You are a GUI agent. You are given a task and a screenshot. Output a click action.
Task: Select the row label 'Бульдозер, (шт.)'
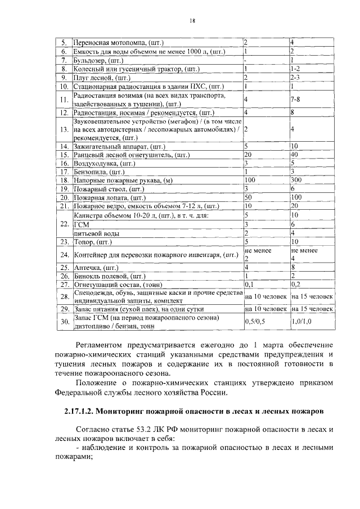[x=99, y=60]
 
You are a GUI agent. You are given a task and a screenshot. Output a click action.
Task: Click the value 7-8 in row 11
[x=295, y=100]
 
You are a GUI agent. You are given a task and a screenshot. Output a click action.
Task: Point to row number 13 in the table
[x=64, y=130]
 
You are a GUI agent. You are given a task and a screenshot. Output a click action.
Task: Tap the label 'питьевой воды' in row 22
[x=96, y=233]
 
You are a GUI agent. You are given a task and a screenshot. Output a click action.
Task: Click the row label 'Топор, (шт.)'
[x=93, y=242]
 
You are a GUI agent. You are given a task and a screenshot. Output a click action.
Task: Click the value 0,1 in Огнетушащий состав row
[x=249, y=285]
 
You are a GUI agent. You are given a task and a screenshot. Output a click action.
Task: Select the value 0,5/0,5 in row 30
[x=256, y=321]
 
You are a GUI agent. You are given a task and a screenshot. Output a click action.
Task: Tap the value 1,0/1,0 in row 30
[x=302, y=321]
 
